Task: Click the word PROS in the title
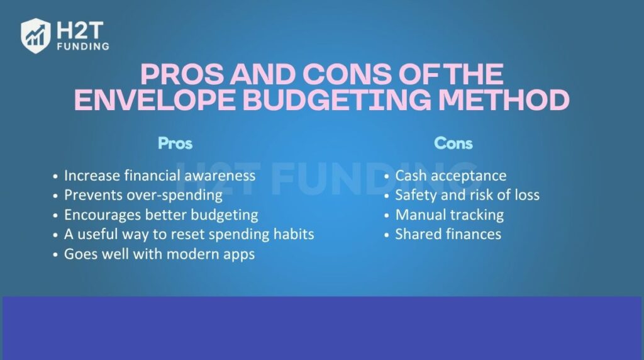point(180,75)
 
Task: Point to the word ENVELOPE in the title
point(152,101)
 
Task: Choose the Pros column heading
point(175,143)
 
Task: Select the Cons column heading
point(453,143)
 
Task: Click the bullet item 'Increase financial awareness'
point(160,176)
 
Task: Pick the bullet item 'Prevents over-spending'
point(143,195)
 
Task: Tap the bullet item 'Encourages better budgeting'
point(161,215)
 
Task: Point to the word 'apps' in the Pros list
point(238,255)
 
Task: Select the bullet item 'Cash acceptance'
point(450,176)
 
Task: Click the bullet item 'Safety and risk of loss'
point(467,195)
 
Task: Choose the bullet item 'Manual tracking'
point(449,215)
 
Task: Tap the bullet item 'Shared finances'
point(448,234)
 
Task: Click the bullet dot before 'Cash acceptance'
point(386,176)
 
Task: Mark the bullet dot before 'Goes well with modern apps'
point(56,255)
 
